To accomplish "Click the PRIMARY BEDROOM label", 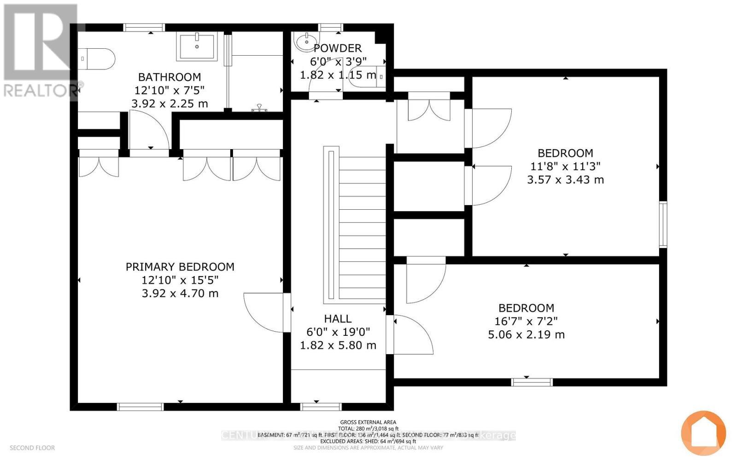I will coord(180,267).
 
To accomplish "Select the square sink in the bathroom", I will coord(197,46).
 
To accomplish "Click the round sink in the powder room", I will coord(306,42).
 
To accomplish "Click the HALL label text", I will coord(338,319).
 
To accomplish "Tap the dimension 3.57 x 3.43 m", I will coord(565,180).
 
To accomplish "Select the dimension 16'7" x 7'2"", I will coord(526,322).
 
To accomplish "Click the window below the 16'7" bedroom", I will coord(532,382).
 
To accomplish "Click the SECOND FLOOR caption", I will coord(32,448).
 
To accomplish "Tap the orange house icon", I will coord(703,433).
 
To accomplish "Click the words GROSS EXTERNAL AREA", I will coord(368,422).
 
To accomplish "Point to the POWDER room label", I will coord(338,48).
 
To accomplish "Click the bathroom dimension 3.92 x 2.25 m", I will coord(170,104).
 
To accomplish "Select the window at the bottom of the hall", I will coord(321,407).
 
